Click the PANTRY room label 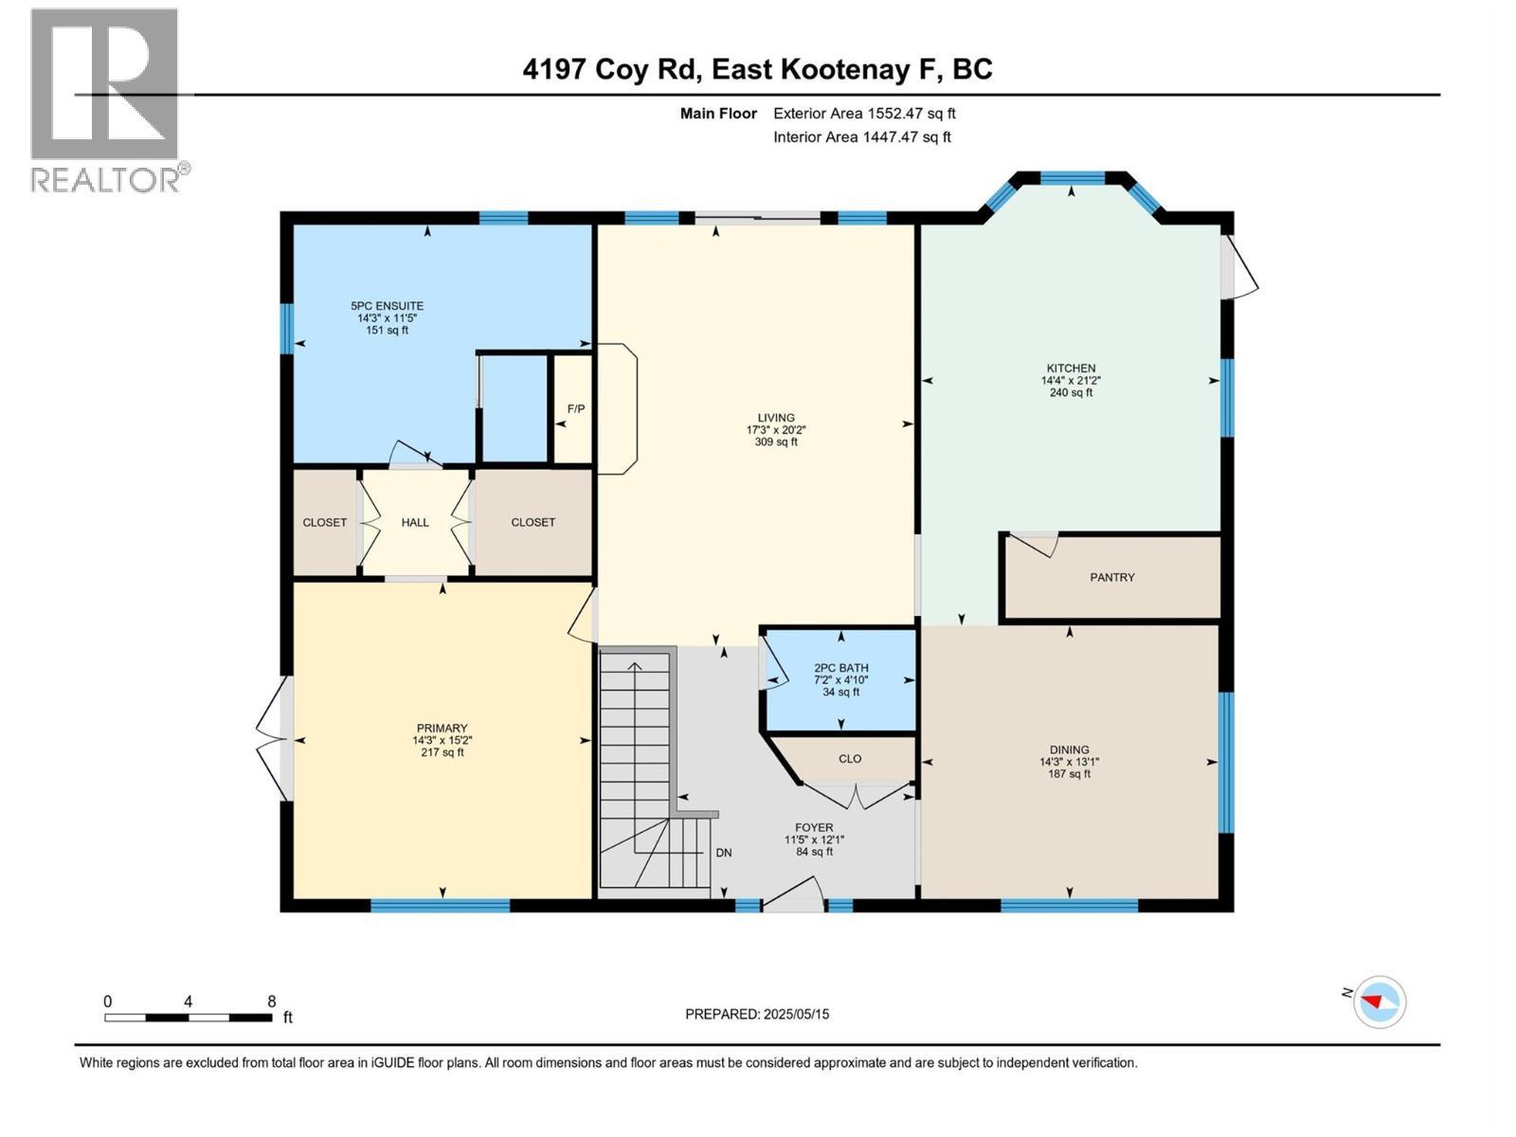[x=1111, y=577]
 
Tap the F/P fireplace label [x=575, y=409]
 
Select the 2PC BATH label [x=840, y=668]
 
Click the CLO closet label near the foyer [x=850, y=758]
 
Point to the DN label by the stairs [x=724, y=853]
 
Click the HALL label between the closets [x=415, y=522]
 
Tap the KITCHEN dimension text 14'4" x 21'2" [x=1071, y=380]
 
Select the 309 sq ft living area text [x=775, y=442]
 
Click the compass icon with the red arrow [x=1380, y=1002]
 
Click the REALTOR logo [x=105, y=99]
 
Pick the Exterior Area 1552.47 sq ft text [x=864, y=114]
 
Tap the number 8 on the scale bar [x=272, y=1002]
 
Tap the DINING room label [x=1069, y=749]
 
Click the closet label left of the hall [x=324, y=522]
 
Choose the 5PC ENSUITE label [x=387, y=306]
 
